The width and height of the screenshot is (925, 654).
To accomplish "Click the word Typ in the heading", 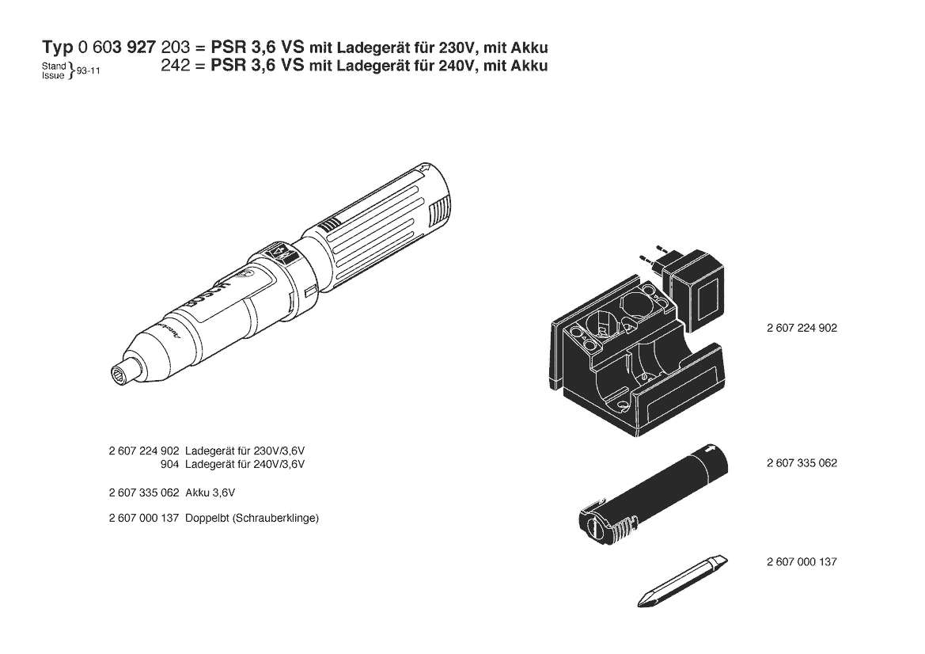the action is coord(57,48).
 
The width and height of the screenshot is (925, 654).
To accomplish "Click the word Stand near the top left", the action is coord(54,66).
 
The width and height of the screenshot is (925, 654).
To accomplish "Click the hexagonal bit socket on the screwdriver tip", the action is coord(119,375).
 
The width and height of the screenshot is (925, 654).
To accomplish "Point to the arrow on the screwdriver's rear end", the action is coord(424,170).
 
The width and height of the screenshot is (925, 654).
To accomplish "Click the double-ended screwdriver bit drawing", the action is coord(683,581).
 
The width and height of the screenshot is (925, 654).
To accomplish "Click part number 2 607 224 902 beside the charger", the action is coord(802,328).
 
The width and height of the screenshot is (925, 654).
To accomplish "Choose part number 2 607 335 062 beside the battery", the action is coord(802,463).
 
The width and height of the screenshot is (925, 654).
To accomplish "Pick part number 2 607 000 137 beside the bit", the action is coord(802,562).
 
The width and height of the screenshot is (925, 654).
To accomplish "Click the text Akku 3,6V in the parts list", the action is coord(210,492).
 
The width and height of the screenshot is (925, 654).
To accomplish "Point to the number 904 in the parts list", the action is coord(169,465).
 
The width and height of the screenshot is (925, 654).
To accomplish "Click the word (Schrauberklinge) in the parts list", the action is coord(275,519).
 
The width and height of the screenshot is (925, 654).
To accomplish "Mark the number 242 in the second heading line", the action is coord(175,65).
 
